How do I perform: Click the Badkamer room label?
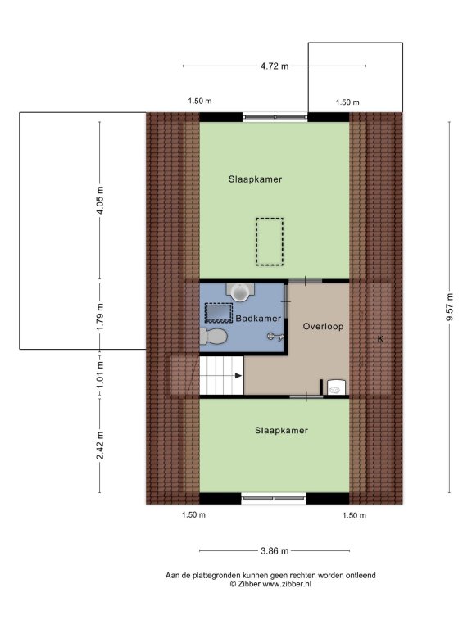(x=258, y=319)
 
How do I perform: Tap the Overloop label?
(x=323, y=327)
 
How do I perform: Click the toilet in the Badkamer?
(x=214, y=336)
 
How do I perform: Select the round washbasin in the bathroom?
(x=240, y=292)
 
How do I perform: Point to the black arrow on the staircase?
(x=238, y=376)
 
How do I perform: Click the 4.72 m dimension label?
(x=275, y=66)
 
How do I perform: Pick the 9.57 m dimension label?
(x=450, y=307)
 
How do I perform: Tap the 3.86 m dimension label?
(x=275, y=551)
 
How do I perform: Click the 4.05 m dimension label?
(x=100, y=200)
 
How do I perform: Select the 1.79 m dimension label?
(x=100, y=316)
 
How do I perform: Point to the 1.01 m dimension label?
(x=100, y=373)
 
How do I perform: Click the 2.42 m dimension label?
(x=100, y=446)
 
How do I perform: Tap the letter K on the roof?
(x=380, y=339)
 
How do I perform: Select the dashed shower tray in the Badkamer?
(x=219, y=314)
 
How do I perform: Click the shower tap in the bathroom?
(x=275, y=337)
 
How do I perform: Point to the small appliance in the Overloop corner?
(x=336, y=387)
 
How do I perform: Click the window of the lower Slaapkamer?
(x=274, y=499)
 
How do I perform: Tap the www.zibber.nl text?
(x=287, y=585)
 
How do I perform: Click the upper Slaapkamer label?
(x=256, y=179)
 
